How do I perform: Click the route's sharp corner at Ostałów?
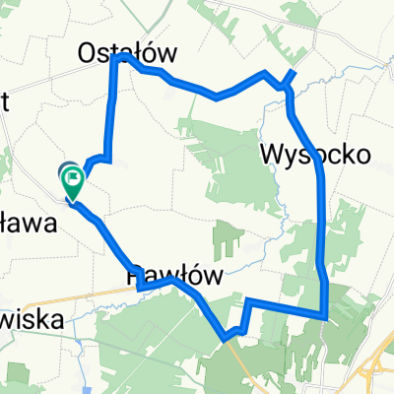point(120,58)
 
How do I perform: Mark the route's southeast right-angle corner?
point(325,316)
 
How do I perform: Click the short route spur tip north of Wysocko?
point(294,71)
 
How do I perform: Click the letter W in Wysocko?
point(272,154)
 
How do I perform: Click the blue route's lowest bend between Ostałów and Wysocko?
point(217,97)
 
